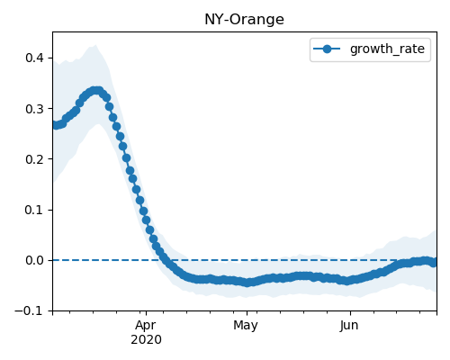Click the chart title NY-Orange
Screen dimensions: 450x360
(244, 20)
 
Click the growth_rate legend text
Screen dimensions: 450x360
(387, 49)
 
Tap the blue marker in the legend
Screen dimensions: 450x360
(327, 49)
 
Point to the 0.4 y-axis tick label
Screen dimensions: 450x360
(35, 58)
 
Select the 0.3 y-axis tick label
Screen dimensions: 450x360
(35, 109)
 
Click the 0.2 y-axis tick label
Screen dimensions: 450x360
(35, 159)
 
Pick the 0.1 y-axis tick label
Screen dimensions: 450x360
(35, 210)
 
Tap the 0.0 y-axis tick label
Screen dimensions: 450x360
(35, 260)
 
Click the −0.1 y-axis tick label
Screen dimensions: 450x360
(29, 310)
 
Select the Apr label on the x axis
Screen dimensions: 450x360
(146, 326)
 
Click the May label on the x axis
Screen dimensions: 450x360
(246, 326)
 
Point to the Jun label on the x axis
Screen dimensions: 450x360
(349, 326)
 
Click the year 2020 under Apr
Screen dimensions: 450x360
(146, 340)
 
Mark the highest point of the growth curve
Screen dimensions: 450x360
(96, 91)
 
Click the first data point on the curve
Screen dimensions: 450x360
(54, 125)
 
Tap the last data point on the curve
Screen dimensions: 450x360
(434, 263)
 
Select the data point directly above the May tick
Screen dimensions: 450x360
(247, 283)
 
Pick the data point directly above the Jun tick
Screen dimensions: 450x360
(350, 281)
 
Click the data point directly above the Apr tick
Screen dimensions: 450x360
(146, 220)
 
